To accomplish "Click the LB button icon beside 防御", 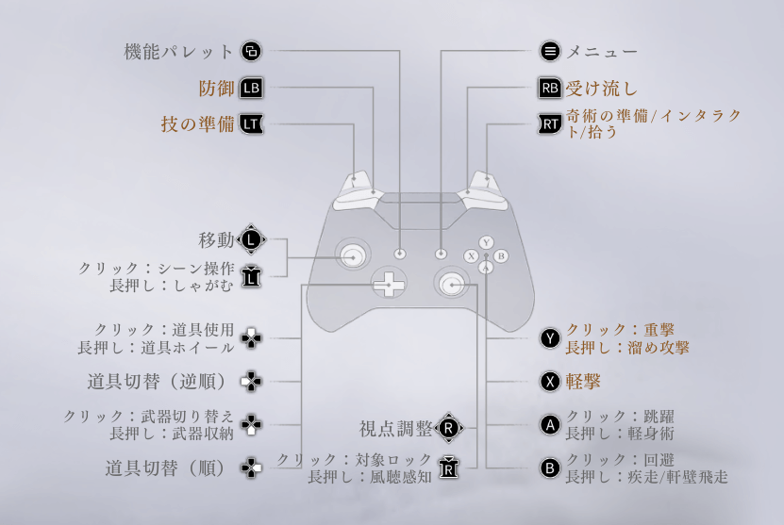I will tap(252, 89).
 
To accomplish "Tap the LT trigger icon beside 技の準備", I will tap(252, 123).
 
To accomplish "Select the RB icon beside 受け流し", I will tap(549, 89).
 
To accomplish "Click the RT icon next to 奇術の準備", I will tap(549, 123).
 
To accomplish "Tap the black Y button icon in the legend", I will tap(549, 338).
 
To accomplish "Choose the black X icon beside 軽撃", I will tap(549, 381).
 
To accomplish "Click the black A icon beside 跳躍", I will tap(549, 424).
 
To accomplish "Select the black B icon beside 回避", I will tap(549, 468).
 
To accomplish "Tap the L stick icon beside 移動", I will tap(251, 239).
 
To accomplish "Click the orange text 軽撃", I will tap(584, 381).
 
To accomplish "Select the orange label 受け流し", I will tap(602, 89).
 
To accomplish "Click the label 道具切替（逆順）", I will tap(161, 381).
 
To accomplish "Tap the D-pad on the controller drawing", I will tap(387, 282).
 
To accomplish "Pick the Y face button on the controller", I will tap(485, 242).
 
